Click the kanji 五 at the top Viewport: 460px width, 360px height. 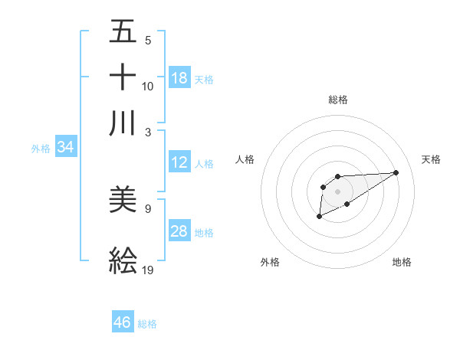123,32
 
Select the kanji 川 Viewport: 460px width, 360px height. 123,123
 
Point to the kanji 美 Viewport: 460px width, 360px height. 123,200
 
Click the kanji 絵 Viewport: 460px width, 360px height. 123,261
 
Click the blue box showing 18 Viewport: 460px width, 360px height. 179,78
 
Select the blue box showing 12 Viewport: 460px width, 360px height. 179,162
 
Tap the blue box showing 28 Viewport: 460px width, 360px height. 179,231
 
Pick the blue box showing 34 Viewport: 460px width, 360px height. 65,148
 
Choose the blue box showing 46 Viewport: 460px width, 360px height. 123,322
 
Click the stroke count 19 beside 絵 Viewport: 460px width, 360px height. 148,270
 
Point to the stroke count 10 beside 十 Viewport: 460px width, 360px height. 148,86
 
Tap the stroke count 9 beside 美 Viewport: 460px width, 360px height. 147,208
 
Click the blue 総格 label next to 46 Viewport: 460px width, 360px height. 148,324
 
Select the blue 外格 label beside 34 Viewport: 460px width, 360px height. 41,149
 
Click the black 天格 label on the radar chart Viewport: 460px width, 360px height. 431,159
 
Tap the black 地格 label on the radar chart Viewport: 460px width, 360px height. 402,262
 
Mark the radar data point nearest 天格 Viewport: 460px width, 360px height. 396,172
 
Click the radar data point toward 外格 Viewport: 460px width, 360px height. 319,218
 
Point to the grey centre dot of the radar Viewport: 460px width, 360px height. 337,191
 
